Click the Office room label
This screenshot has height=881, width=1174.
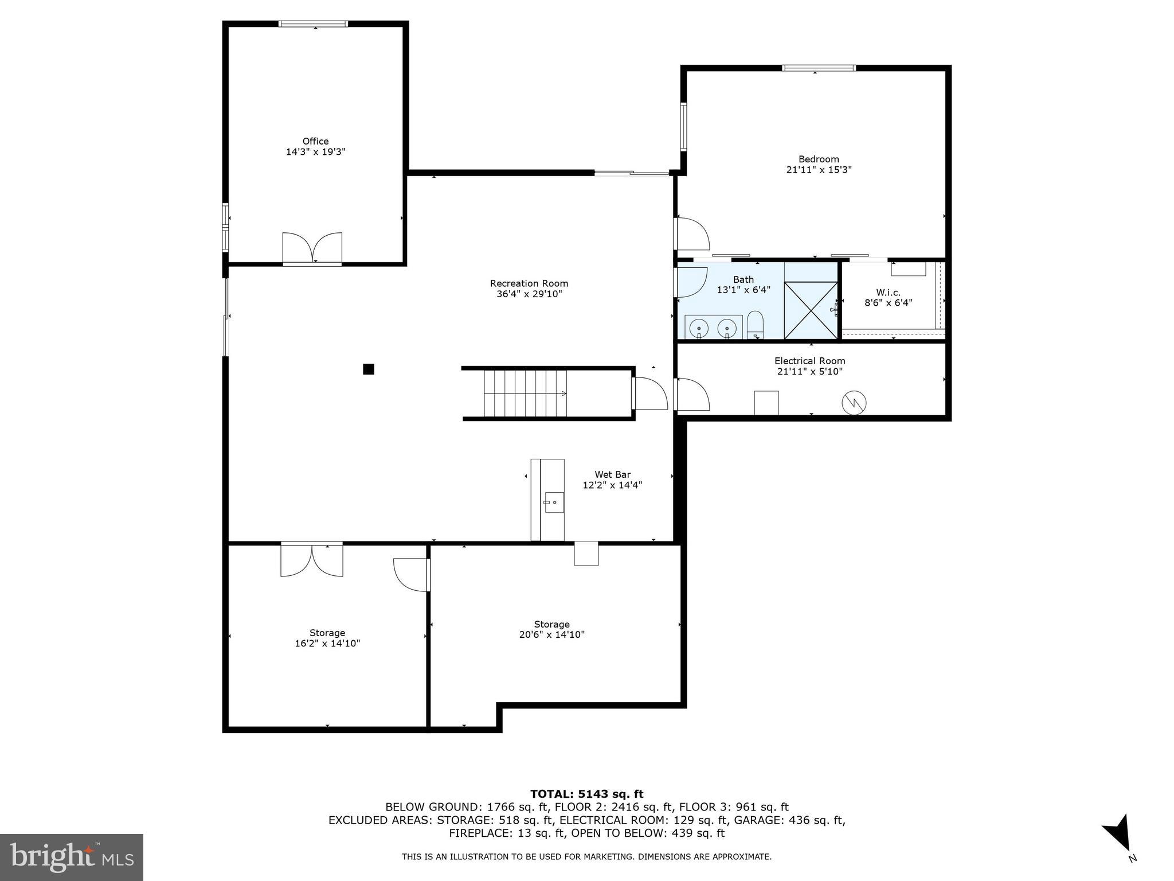point(315,141)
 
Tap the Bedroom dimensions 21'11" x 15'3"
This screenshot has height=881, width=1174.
point(819,170)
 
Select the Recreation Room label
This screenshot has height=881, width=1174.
point(529,283)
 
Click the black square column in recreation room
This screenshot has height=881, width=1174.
point(369,369)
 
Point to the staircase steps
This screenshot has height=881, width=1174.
point(525,393)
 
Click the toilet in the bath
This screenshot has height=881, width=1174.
point(755,326)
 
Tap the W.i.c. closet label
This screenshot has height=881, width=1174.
point(888,293)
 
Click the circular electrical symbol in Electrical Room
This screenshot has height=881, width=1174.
point(854,403)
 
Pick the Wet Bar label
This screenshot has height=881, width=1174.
point(612,474)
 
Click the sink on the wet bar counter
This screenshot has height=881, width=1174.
point(554,502)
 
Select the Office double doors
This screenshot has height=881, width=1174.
point(312,248)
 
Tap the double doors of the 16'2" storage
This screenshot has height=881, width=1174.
point(312,560)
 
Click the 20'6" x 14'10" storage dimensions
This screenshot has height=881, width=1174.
point(551,634)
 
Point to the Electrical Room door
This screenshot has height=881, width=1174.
point(692,395)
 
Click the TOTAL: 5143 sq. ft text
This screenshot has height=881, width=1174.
point(586,794)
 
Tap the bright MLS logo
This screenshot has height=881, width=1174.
point(72,857)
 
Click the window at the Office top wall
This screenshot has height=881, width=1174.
point(313,24)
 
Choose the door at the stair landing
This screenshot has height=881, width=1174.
point(650,393)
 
